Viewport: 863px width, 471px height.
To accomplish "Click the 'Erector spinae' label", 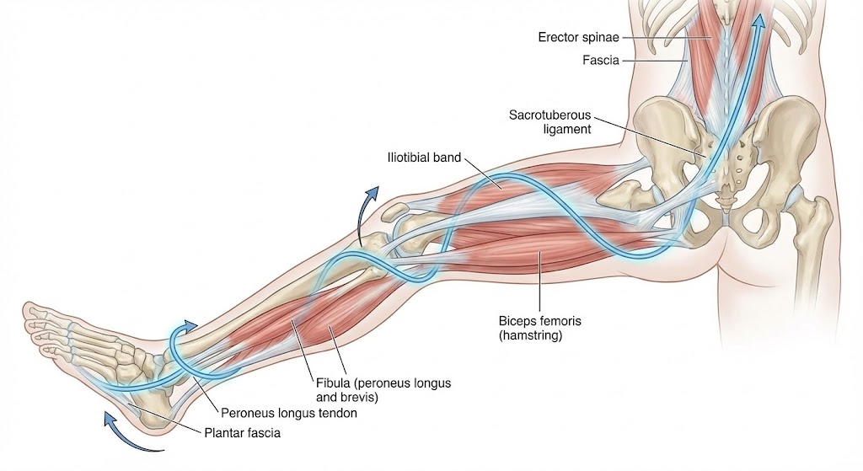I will pos(579,37).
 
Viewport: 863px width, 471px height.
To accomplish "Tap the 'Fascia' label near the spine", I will pos(602,60).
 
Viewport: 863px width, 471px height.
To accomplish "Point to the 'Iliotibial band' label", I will pos(423,157).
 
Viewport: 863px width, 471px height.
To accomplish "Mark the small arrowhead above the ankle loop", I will pos(191,325).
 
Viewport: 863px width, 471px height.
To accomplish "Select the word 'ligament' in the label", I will pos(568,129).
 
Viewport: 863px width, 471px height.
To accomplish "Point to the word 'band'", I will pos(448,157).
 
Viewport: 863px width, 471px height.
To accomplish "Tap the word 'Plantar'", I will pos(222,434).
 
